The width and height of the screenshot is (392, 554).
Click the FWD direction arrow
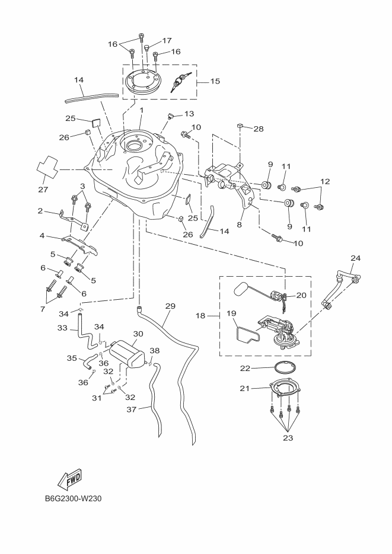pyautogui.click(x=71, y=479)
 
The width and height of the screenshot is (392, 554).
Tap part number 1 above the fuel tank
pyautogui.click(x=142, y=110)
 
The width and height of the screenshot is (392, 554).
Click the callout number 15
pyautogui.click(x=215, y=81)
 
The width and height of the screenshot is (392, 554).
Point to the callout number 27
pyautogui.click(x=43, y=190)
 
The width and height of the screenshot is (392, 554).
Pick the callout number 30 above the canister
pyautogui.click(x=138, y=334)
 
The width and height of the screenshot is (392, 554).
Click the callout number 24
pyautogui.click(x=355, y=258)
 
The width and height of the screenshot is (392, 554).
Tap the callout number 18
pyautogui.click(x=200, y=316)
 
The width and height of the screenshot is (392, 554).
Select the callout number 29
pyautogui.click(x=171, y=306)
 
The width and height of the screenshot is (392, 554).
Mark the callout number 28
pyautogui.click(x=258, y=129)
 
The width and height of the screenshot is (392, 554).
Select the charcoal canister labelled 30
pyautogui.click(x=126, y=354)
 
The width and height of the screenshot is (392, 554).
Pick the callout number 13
pyautogui.click(x=189, y=114)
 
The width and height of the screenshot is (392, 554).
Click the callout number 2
pyautogui.click(x=40, y=210)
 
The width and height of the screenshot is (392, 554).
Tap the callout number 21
pyautogui.click(x=244, y=388)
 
